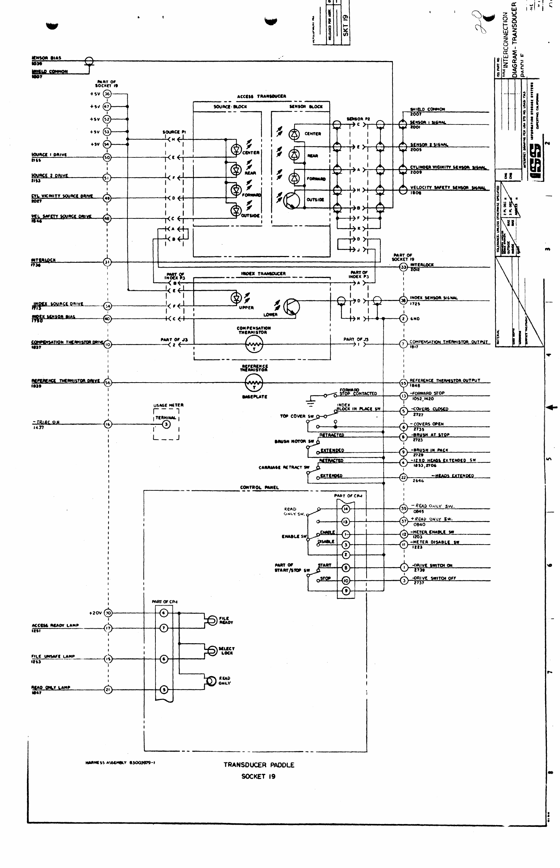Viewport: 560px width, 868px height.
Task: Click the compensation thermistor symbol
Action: pos(254,344)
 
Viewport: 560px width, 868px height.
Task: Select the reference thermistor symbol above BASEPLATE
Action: pos(254,383)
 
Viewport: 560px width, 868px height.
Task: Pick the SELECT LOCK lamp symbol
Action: pos(212,651)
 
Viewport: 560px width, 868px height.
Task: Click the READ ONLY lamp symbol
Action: pos(211,681)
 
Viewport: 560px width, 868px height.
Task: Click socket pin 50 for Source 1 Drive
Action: pos(107,157)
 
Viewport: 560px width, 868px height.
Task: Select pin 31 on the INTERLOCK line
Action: pos(107,262)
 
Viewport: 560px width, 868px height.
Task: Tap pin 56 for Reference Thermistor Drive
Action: pos(108,383)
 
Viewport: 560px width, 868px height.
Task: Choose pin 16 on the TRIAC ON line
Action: pos(108,424)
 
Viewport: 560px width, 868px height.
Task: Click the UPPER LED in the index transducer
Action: pos(236,298)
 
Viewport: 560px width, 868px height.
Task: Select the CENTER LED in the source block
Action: pos(237,149)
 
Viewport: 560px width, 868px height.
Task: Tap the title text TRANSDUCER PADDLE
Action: pos(259,765)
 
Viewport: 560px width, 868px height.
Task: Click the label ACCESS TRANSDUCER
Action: pos(262,96)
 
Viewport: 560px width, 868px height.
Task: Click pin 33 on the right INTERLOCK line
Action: pos(403,267)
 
